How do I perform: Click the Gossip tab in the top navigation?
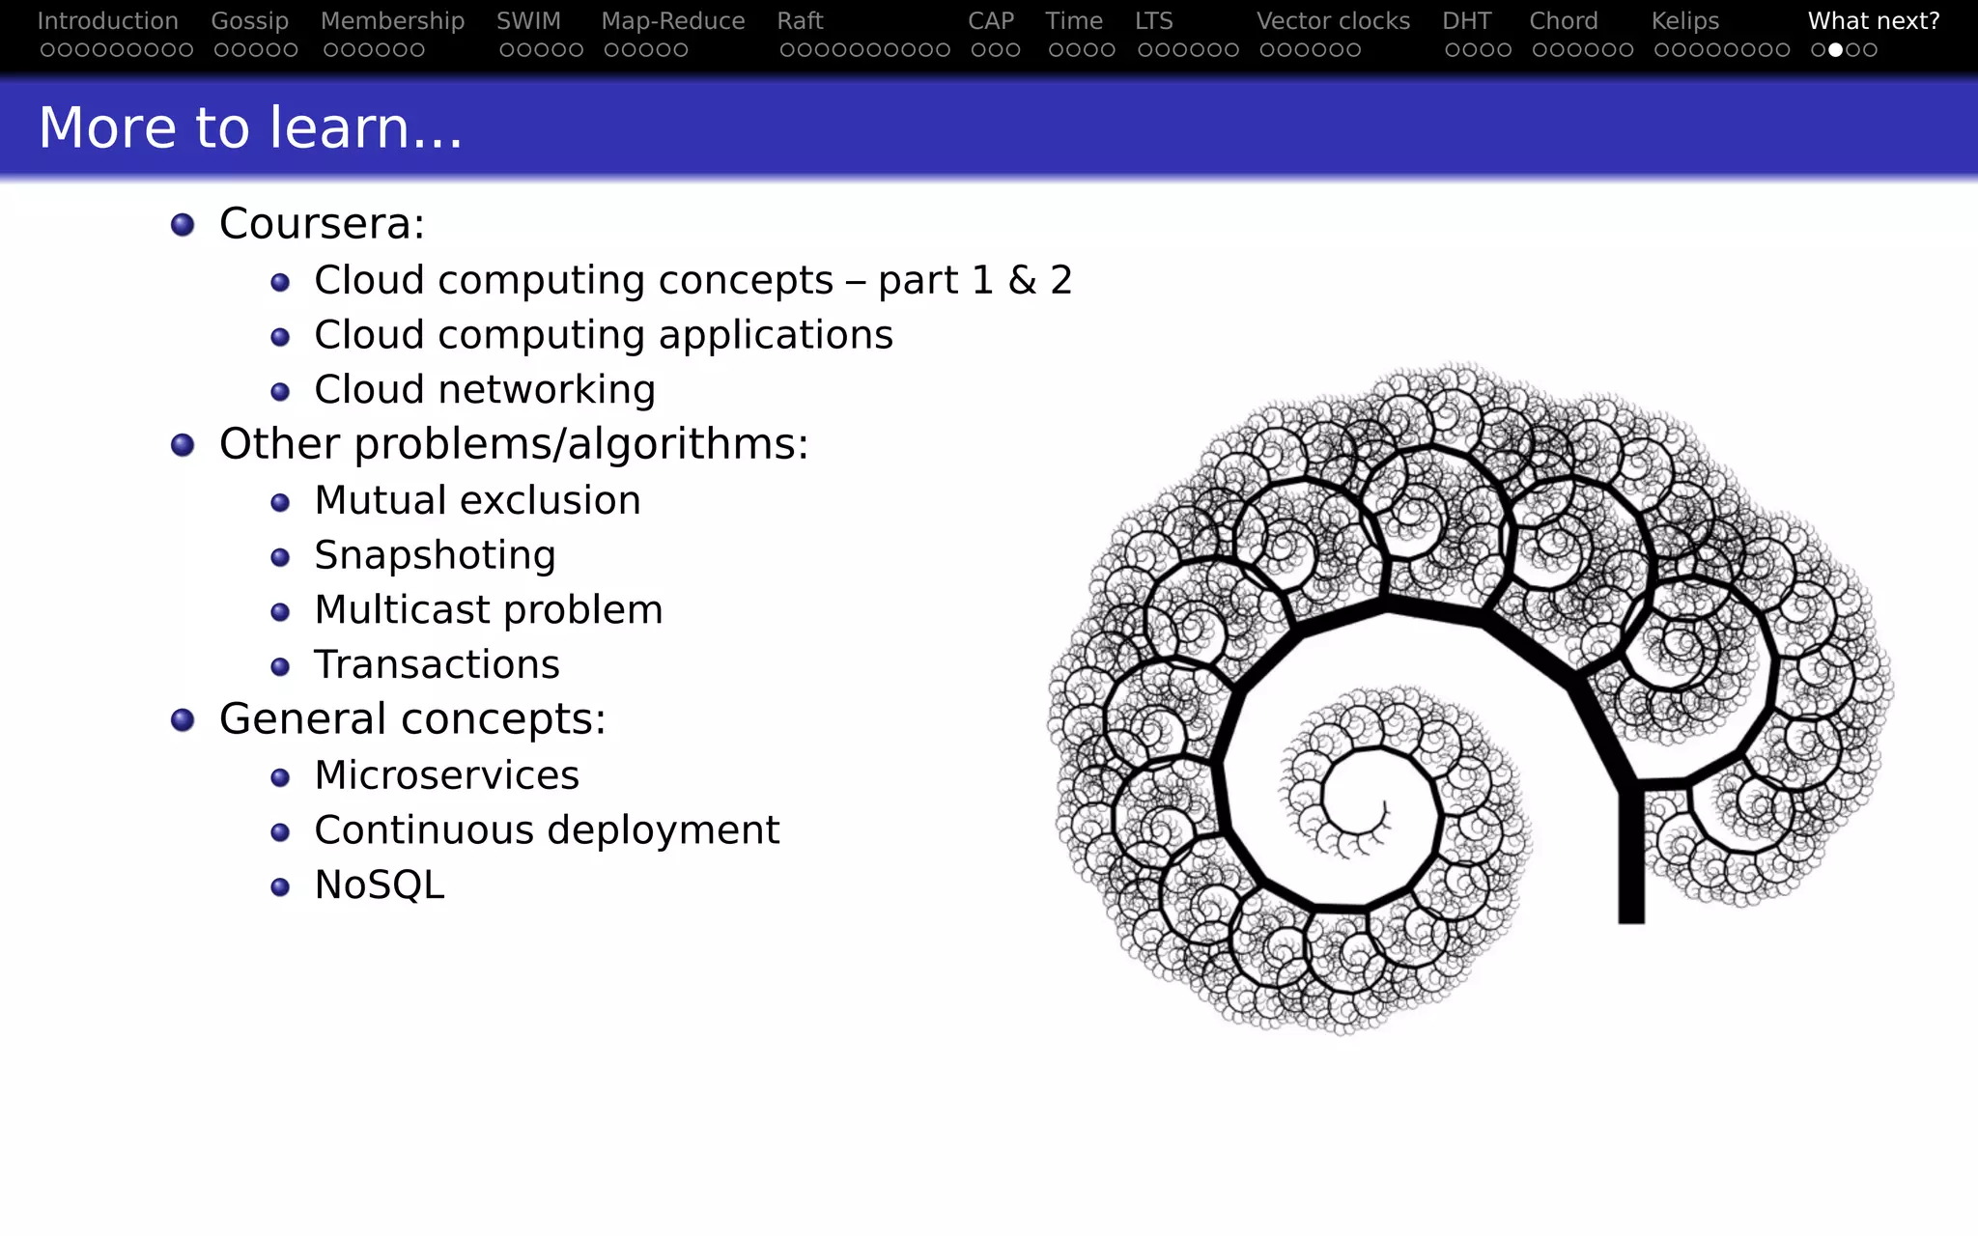[x=249, y=21]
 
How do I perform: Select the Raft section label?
[x=800, y=21]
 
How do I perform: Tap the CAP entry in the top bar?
[x=991, y=21]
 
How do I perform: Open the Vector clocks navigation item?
[x=1333, y=21]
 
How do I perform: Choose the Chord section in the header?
[x=1563, y=21]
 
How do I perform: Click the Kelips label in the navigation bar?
[x=1684, y=21]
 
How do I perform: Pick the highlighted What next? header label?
[x=1873, y=21]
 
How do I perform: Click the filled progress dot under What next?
[x=1836, y=50]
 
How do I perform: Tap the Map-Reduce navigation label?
[x=672, y=21]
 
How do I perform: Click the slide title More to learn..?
[x=250, y=127]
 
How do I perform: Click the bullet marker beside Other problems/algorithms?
[x=183, y=445]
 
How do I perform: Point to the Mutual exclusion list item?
[x=477, y=500]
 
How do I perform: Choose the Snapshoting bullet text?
[x=435, y=555]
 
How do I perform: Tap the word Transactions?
[x=437, y=664]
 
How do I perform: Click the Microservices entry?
[x=446, y=775]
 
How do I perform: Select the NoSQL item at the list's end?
[x=380, y=885]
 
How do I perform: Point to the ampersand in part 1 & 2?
[x=1022, y=280]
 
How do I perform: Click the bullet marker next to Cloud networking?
[x=280, y=392]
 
